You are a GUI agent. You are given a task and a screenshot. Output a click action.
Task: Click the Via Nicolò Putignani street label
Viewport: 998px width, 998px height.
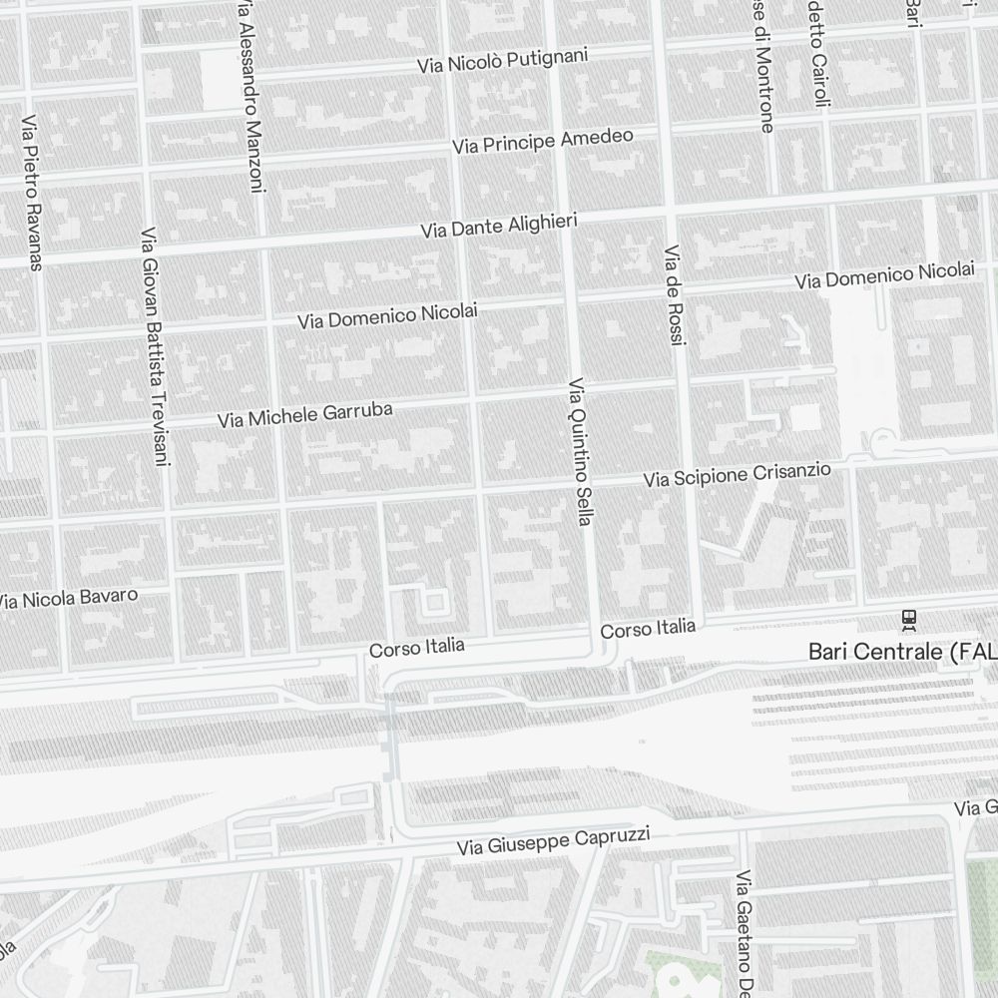[x=502, y=62]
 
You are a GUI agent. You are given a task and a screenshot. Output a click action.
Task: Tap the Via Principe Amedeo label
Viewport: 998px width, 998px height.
[x=543, y=141]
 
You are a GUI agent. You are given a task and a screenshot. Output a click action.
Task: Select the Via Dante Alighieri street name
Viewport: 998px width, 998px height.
[x=499, y=225]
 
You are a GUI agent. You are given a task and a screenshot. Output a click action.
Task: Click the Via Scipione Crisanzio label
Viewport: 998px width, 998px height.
[x=737, y=474]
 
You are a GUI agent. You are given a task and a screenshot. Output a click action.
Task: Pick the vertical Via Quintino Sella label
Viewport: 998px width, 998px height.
[x=580, y=451]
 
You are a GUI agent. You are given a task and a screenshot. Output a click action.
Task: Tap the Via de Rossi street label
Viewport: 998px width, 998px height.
[x=676, y=295]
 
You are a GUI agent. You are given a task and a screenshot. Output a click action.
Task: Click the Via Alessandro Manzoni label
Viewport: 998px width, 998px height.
[x=251, y=95]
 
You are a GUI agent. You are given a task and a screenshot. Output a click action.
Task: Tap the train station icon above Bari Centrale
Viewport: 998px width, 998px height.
[x=908, y=620]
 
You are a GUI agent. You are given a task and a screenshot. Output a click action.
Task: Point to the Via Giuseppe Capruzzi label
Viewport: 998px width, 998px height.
[x=553, y=841]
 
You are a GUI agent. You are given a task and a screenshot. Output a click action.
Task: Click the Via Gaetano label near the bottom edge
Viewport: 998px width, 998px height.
[x=745, y=933]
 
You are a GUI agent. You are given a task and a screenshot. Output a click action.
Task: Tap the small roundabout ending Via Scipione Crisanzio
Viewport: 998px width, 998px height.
[x=882, y=440]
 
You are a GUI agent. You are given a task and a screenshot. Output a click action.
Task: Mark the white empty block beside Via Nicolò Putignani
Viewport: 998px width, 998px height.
[x=218, y=79]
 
